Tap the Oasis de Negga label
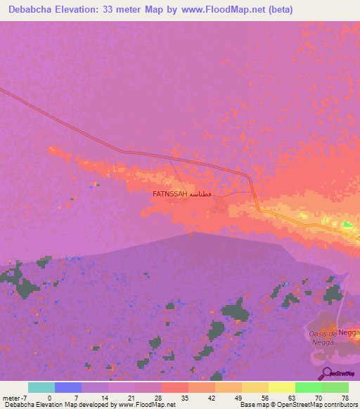tap(323, 337)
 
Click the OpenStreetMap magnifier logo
tap(326, 372)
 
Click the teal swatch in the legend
tap(41, 387)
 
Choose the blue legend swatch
tap(67, 387)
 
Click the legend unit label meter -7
tap(15, 398)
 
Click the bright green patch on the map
tap(347, 224)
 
